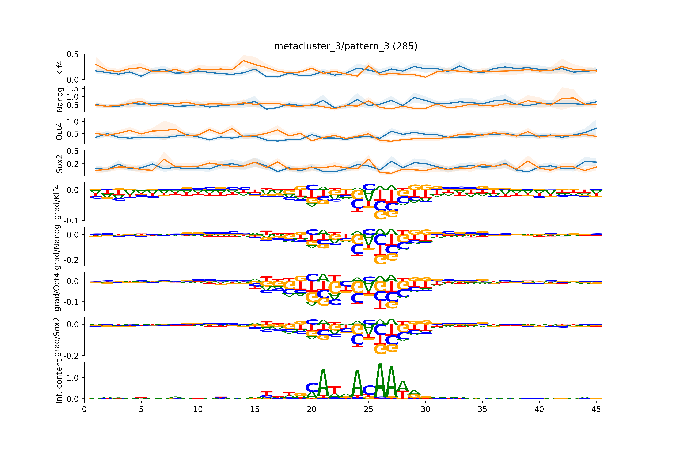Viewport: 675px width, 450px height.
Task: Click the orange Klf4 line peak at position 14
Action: click(243, 61)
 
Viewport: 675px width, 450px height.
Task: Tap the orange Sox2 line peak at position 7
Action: click(164, 159)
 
